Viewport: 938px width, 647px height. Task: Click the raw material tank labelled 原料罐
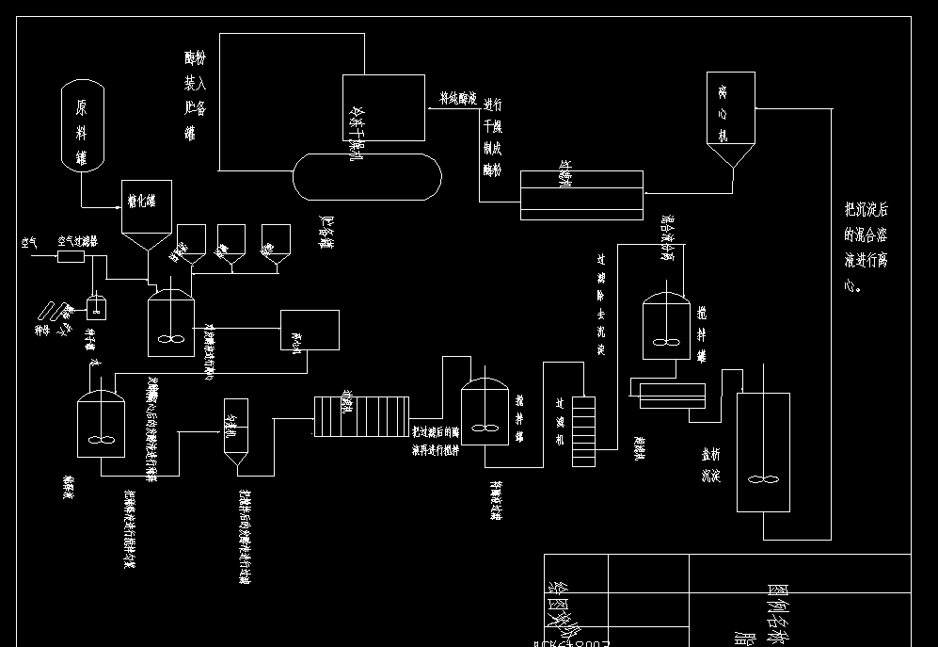82,126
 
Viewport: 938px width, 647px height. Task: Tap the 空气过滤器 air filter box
72,255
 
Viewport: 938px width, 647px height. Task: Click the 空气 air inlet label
29,243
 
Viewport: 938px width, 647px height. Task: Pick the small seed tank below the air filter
95,306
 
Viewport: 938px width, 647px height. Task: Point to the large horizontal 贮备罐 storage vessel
367,177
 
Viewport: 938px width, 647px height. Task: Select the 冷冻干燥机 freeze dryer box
383,107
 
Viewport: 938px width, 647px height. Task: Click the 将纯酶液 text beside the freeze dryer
458,98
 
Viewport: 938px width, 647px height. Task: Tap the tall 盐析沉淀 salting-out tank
763,451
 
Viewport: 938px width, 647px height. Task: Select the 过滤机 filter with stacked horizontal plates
583,430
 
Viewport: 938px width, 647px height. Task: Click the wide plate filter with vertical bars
362,416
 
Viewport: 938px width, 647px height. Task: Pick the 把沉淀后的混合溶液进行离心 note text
865,248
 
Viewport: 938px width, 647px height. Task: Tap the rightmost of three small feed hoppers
276,241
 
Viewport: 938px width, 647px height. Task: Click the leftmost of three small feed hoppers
191,241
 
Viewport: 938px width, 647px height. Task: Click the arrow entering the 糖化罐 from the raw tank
119,207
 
